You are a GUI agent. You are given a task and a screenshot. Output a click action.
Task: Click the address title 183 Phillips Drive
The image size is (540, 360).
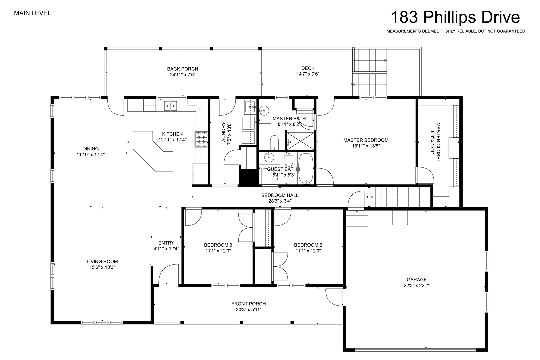(455, 17)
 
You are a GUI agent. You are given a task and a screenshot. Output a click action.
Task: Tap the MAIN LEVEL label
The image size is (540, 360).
(33, 13)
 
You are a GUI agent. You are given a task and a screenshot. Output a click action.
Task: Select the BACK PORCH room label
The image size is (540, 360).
(182, 69)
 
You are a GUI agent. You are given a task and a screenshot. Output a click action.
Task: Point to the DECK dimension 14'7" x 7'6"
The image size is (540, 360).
(308, 74)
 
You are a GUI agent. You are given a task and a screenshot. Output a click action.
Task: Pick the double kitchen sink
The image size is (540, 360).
(170, 106)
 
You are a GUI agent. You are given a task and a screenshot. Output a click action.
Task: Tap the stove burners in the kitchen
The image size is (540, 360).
(201, 139)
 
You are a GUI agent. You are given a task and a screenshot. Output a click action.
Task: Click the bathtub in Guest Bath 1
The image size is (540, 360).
(306, 168)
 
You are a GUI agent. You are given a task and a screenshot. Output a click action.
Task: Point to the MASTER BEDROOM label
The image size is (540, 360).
(366, 140)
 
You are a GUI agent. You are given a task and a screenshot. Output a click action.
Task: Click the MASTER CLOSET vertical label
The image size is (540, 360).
(438, 142)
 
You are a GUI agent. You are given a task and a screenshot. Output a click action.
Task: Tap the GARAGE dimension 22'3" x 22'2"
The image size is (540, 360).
(417, 285)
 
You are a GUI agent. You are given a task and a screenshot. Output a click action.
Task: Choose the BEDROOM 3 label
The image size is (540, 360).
(218, 245)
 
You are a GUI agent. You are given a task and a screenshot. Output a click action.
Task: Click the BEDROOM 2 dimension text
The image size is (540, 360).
(308, 251)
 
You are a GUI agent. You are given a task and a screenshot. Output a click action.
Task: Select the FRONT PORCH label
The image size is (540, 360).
(249, 304)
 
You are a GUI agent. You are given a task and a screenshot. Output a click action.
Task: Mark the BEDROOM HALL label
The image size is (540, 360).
(280, 195)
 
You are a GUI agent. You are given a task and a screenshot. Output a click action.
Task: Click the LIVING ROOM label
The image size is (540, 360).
(102, 261)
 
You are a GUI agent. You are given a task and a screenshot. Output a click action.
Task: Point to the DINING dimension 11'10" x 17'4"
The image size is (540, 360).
(91, 155)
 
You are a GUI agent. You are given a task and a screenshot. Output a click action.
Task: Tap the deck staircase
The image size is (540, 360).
(370, 72)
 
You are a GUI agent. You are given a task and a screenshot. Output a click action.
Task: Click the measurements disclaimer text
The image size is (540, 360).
(456, 31)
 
